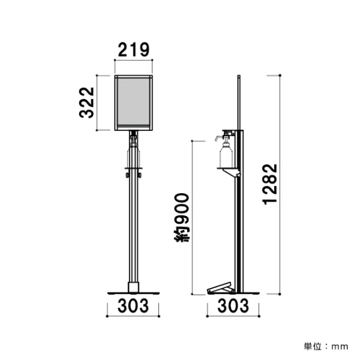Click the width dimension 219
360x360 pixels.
pos(134,48)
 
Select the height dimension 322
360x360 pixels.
pos(88,103)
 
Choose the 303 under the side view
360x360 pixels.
pos(233,305)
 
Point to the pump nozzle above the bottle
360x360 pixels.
pos(220,137)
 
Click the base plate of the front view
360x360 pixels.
pos(134,293)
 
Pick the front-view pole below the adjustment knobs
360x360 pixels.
pos(134,229)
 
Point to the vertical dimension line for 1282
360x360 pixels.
pos(281,184)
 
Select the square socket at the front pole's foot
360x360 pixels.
pos(134,287)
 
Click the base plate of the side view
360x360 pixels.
pos(233,293)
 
